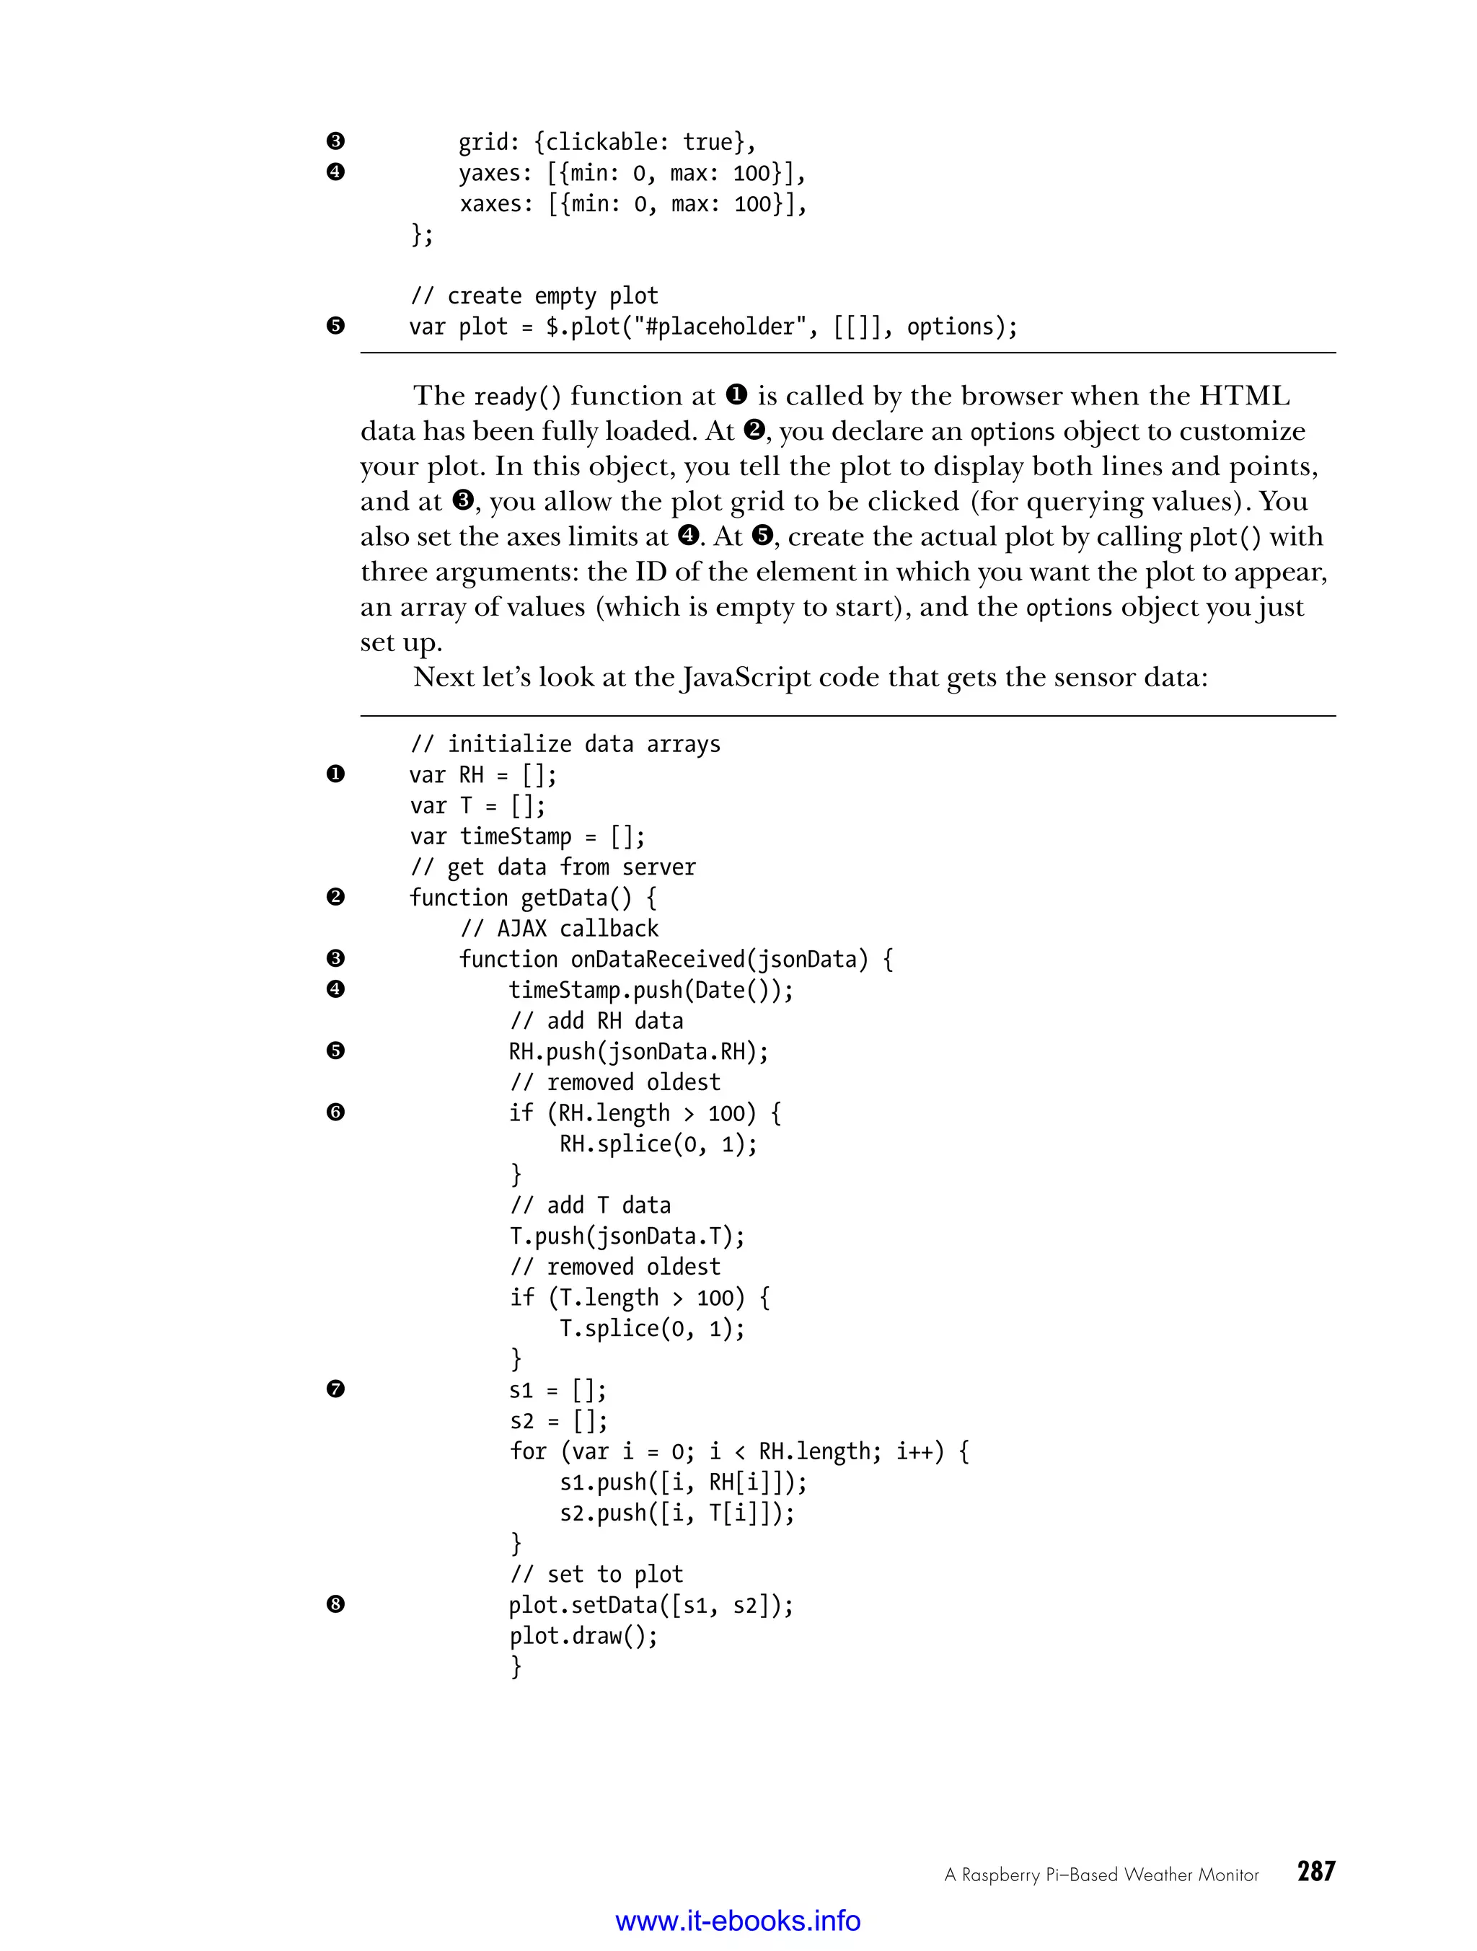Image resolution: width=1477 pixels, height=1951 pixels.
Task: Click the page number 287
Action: (x=1315, y=1872)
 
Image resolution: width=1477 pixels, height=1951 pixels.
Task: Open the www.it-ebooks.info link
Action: (x=738, y=1920)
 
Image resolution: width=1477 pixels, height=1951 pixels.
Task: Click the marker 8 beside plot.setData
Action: (x=335, y=1604)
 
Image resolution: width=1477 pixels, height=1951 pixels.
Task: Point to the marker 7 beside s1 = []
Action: (x=335, y=1389)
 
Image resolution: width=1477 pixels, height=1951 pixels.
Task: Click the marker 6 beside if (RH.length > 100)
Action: (x=335, y=1112)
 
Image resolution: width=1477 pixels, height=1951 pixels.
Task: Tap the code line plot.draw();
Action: (x=583, y=1636)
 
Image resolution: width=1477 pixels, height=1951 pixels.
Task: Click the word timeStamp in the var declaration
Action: (x=515, y=836)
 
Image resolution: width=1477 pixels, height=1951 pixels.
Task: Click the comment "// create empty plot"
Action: (x=534, y=296)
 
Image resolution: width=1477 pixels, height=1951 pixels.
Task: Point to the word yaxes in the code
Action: (x=489, y=173)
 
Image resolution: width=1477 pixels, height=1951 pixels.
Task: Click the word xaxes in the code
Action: (x=490, y=204)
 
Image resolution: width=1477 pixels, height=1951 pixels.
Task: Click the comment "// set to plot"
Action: (x=596, y=1575)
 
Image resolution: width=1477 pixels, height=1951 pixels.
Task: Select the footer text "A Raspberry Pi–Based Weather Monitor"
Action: (x=1101, y=1875)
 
